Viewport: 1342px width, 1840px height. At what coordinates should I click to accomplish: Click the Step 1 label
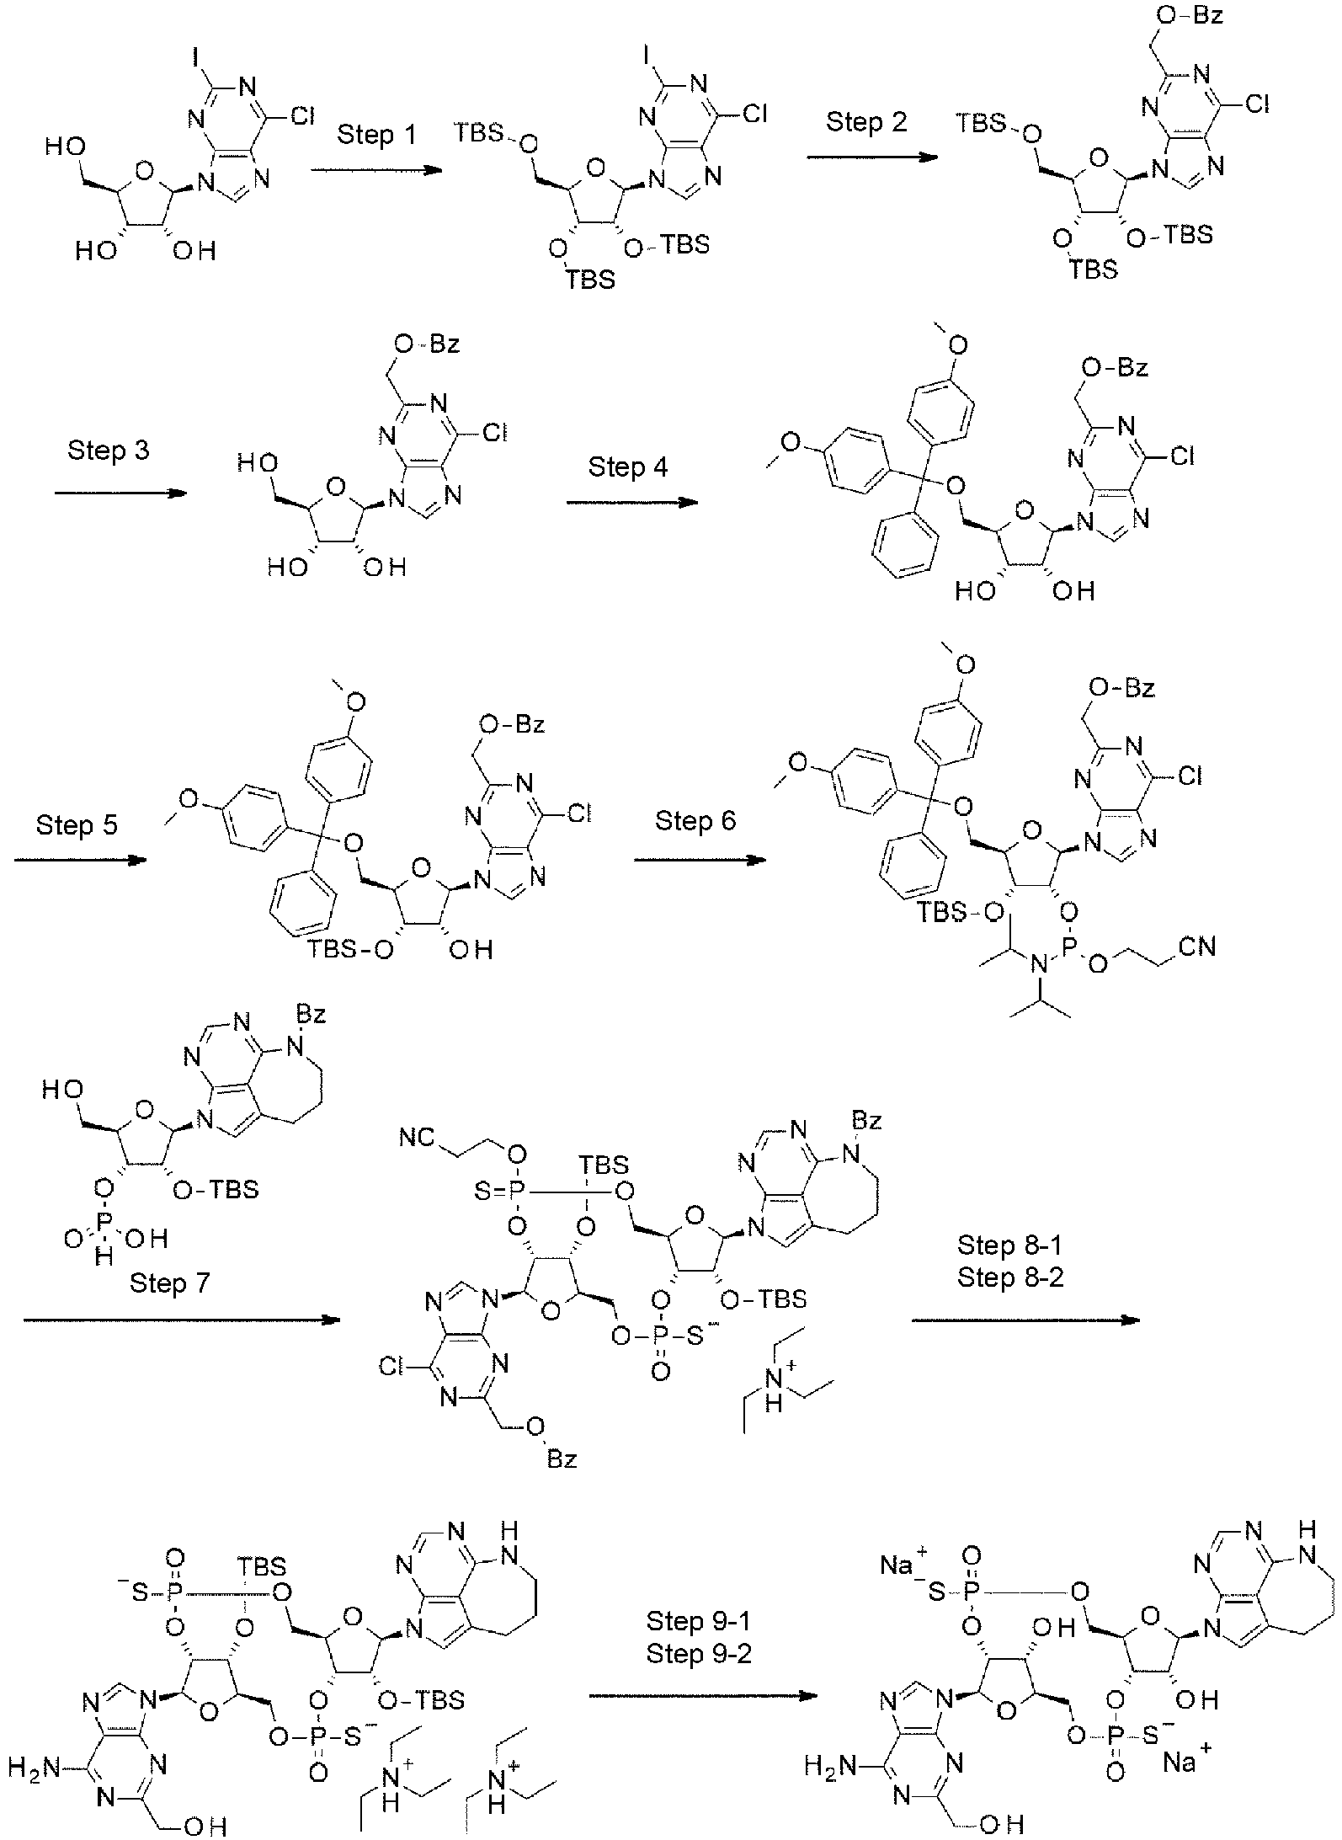pyautogui.click(x=376, y=135)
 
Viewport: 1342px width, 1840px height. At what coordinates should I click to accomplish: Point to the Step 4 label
pyautogui.click(x=628, y=467)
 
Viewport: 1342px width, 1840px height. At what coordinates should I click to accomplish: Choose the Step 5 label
pyautogui.click(x=77, y=824)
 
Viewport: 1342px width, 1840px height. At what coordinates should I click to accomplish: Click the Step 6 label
pyautogui.click(x=696, y=820)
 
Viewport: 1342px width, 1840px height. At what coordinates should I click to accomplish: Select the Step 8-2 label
pyautogui.click(x=1010, y=1277)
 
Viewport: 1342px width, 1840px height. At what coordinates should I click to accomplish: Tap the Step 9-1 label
pyautogui.click(x=699, y=1620)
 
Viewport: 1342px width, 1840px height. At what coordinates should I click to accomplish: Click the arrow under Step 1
pyautogui.click(x=376, y=170)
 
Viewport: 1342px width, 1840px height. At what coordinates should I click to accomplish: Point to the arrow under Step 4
pyautogui.click(x=631, y=503)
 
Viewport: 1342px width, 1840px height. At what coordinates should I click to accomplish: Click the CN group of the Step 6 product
pyautogui.click(x=1196, y=947)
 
